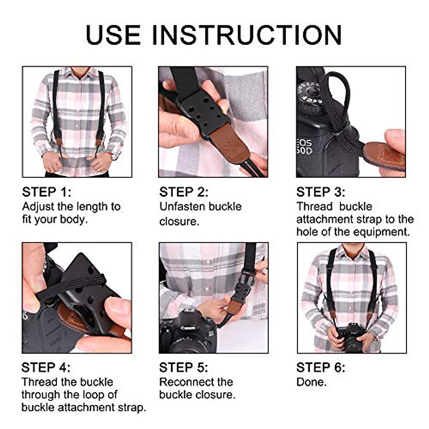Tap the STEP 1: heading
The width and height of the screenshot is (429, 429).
[46, 192]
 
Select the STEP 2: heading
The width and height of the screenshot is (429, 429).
[184, 192]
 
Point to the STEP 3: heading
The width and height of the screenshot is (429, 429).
[321, 192]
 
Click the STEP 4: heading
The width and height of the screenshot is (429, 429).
[46, 368]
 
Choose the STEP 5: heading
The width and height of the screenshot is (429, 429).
[184, 368]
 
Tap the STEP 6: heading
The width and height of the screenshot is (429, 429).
[321, 368]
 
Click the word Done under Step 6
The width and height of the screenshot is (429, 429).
[311, 382]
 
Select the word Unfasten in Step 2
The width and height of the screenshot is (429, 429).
[182, 207]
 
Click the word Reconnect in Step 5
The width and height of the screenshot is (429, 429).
[188, 382]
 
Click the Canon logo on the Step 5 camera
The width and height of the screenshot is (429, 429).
[188, 328]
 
